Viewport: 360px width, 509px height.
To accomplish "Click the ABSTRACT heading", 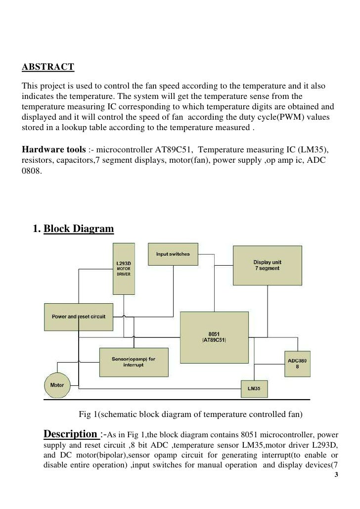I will (x=48, y=66).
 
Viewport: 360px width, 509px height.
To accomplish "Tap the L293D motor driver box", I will (x=123, y=267).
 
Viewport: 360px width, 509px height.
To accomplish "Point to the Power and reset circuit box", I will (x=79, y=317).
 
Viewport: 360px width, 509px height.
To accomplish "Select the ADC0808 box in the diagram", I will (x=297, y=364).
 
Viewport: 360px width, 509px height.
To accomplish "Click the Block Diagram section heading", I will (x=79, y=229).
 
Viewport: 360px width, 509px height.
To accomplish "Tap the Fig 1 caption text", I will (x=190, y=414).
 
